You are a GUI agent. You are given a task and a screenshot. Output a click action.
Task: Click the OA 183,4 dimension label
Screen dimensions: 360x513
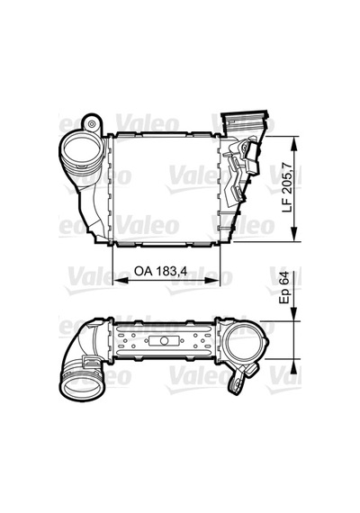click(160, 271)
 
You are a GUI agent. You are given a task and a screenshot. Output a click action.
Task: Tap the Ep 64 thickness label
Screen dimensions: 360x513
click(284, 288)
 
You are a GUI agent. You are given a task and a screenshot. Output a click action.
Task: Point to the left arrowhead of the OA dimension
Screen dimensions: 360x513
click(120, 281)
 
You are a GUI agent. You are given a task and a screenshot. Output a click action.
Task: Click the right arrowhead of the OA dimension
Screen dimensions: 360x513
click(213, 281)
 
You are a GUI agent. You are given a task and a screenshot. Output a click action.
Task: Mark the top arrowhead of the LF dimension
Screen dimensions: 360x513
click(294, 144)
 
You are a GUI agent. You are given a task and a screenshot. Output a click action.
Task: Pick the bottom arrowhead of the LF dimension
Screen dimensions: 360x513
click(294, 234)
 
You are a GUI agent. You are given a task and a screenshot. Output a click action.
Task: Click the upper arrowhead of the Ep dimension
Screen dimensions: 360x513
click(294, 314)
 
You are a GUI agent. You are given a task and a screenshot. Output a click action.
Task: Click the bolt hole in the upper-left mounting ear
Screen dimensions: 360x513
click(93, 124)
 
